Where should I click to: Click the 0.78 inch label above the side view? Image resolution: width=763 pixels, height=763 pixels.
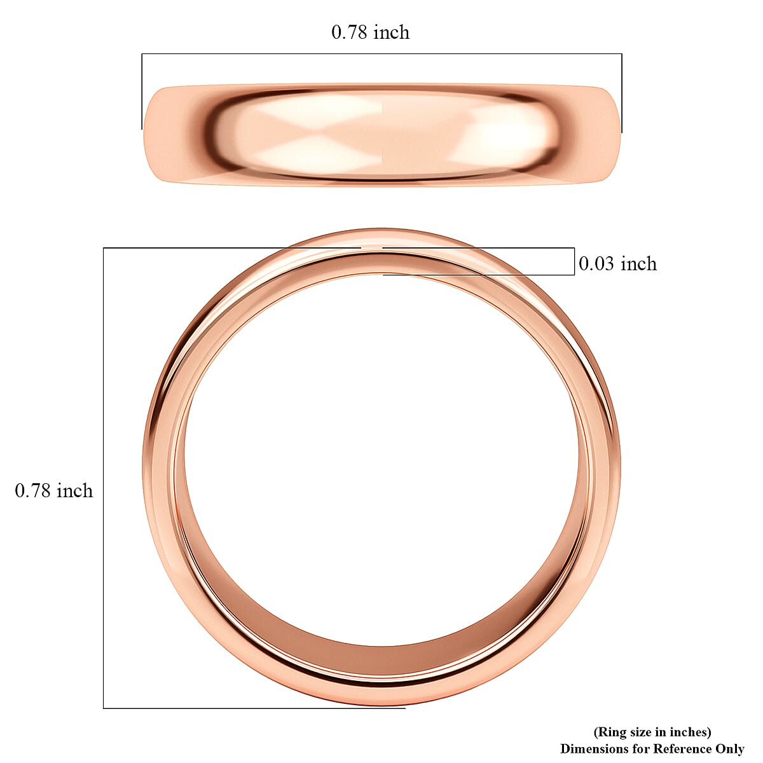point(370,32)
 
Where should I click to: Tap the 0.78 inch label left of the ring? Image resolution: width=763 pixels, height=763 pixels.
point(54,491)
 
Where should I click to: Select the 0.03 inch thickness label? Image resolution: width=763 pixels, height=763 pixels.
point(617,263)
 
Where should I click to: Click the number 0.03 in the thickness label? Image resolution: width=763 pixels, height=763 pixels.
point(597,263)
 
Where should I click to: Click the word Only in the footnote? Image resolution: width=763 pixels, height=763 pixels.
point(729,749)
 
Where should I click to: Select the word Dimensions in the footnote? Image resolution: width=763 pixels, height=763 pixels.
point(591,749)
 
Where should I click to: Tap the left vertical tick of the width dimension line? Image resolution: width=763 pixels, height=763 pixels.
point(142,92)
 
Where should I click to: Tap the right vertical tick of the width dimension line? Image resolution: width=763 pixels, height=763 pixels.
point(622,92)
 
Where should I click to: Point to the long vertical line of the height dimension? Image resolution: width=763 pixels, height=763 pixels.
point(104,477)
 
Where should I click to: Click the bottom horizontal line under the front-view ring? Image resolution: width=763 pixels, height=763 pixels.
point(254,708)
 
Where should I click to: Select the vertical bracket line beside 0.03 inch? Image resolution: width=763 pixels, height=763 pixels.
point(574,261)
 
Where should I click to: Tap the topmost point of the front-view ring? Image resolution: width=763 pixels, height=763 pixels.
point(381,230)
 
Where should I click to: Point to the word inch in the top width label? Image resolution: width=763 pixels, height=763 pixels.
point(392,32)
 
